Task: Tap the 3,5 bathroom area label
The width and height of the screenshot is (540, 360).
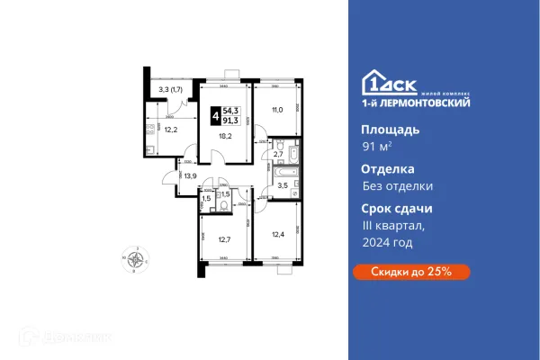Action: [281, 186]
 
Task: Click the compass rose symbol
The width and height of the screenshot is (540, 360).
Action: [138, 260]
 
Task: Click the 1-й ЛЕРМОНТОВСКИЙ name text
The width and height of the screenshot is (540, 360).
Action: [400, 104]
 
